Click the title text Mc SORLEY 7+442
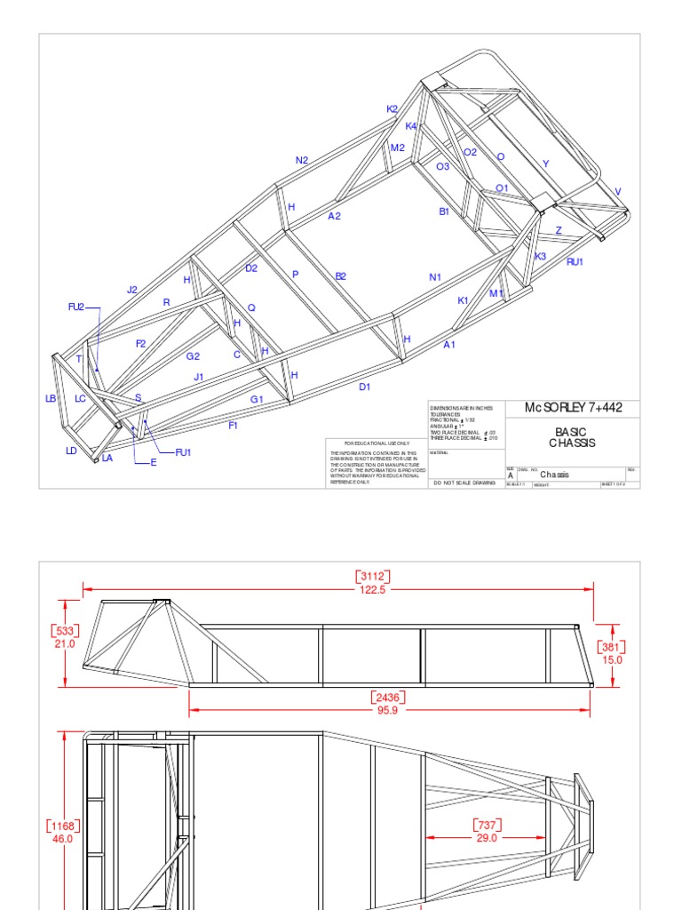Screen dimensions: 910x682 (573, 408)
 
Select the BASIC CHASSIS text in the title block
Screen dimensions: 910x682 (572, 437)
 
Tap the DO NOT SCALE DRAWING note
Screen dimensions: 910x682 (464, 483)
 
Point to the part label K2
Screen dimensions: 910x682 (393, 109)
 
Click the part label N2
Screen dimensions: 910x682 (302, 161)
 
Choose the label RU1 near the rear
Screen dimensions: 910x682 (575, 262)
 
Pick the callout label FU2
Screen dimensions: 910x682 (76, 307)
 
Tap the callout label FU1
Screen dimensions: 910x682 (183, 452)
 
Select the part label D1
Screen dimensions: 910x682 (364, 387)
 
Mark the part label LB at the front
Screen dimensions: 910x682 (51, 399)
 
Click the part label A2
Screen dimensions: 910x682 (334, 216)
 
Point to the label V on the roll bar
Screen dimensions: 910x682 (618, 192)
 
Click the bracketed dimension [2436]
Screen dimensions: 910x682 (389, 698)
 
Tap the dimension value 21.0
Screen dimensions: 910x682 (65, 643)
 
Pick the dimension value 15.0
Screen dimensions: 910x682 (613, 659)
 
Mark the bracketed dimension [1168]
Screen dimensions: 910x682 (62, 826)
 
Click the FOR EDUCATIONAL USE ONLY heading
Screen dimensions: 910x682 (377, 443)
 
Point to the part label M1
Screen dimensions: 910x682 (496, 293)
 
